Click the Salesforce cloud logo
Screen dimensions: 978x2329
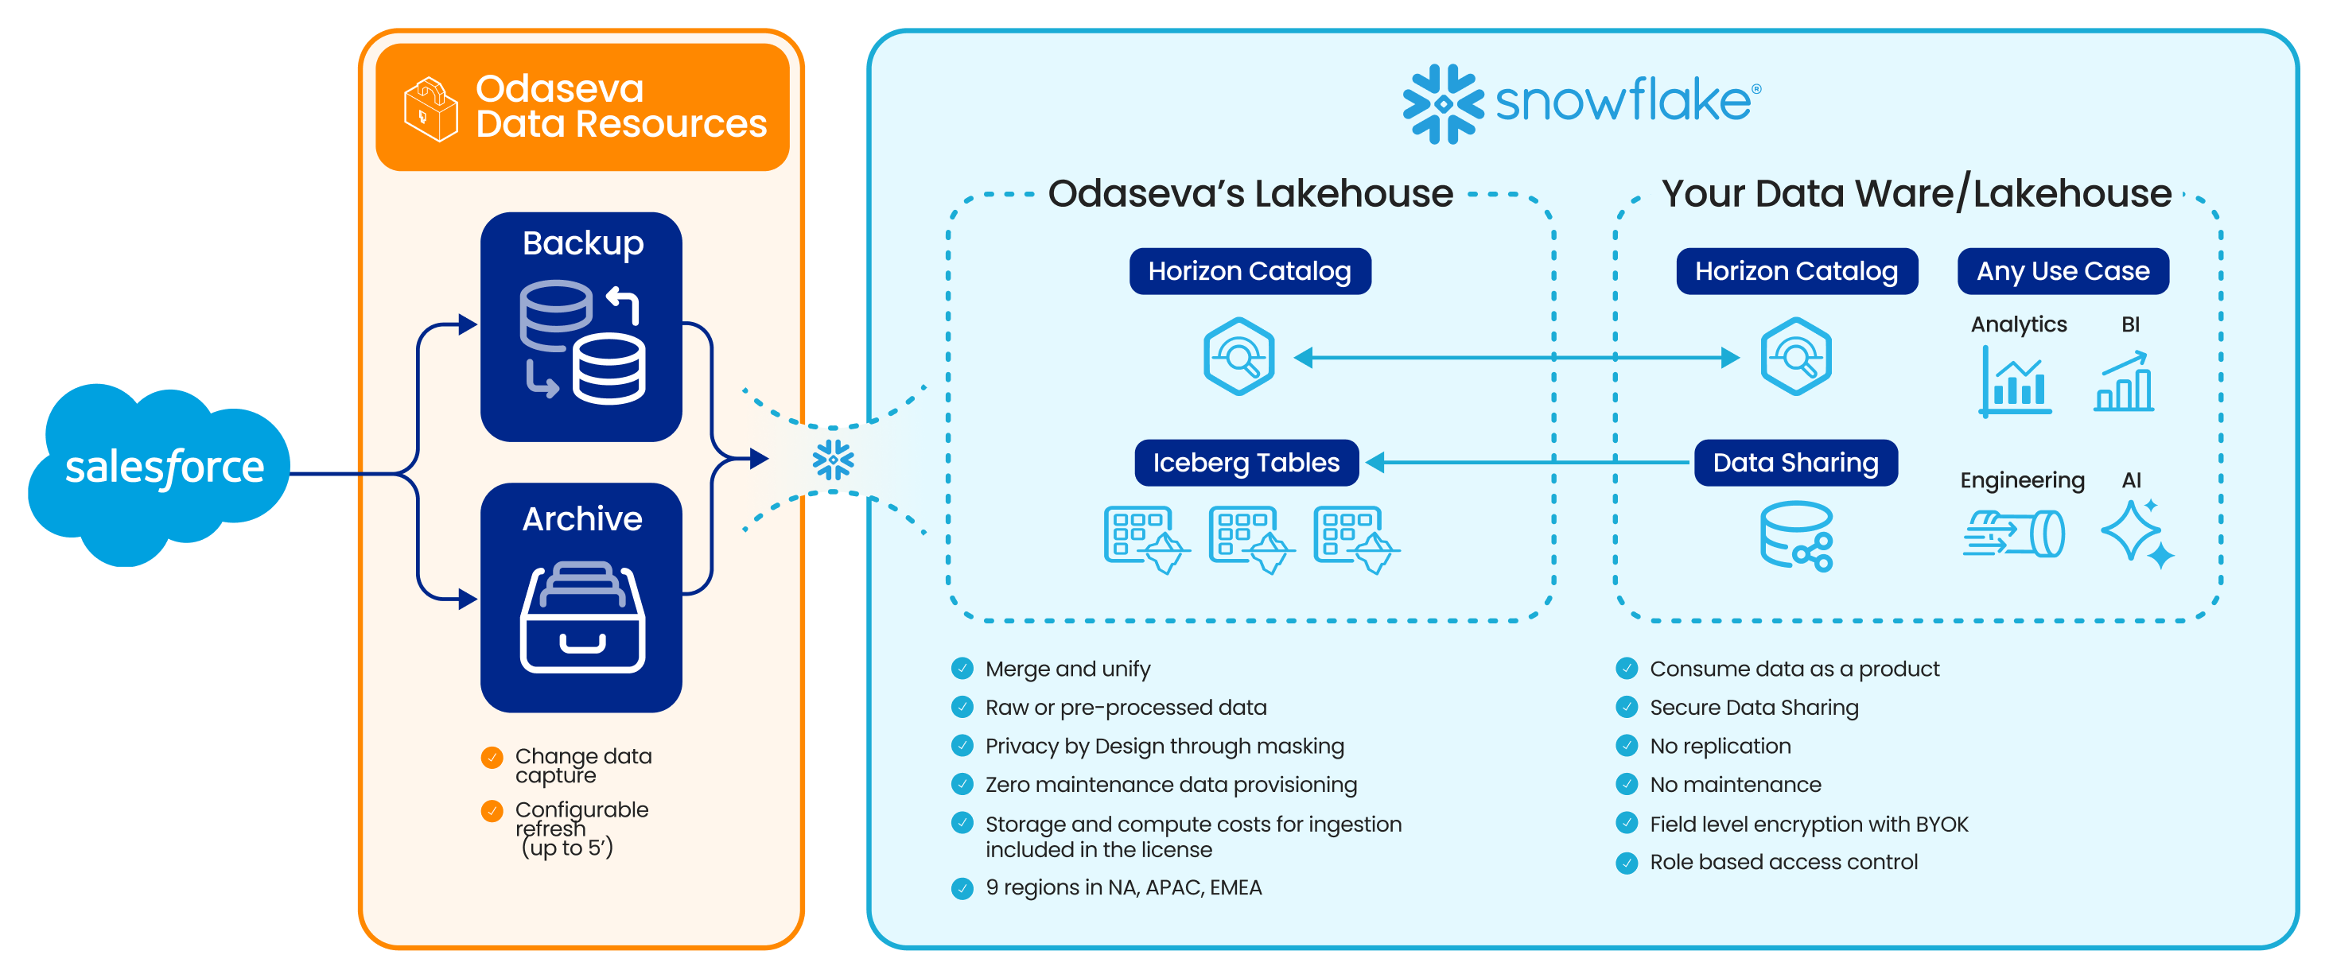[161, 470]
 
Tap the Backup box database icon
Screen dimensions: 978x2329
[582, 342]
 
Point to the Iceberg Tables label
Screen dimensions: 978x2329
[1246, 463]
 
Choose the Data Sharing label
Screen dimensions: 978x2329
[1794, 463]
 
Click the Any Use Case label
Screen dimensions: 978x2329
[2063, 271]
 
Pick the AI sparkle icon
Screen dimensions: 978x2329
[2137, 534]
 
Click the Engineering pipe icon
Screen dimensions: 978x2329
[2013, 534]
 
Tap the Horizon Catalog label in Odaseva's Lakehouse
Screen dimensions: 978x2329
[1250, 271]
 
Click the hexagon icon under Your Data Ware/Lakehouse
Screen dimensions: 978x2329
[1795, 356]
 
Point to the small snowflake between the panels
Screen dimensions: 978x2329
[833, 460]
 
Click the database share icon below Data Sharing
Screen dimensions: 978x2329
[1795, 537]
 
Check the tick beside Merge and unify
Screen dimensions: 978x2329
[962, 669]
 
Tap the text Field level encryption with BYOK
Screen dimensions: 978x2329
[1808, 825]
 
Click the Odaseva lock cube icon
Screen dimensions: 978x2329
[430, 108]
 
